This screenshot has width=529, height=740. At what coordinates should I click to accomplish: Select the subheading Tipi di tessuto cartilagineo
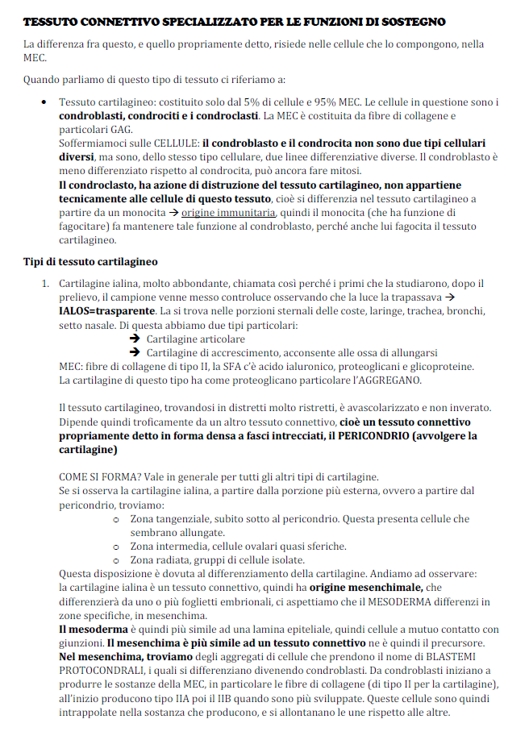tap(90, 262)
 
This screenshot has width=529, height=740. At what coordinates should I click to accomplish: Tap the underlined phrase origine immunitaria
tap(228, 212)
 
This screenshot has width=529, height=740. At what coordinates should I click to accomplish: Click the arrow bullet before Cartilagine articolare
tap(135, 339)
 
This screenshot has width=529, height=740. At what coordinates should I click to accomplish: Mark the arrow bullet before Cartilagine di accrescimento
tap(135, 352)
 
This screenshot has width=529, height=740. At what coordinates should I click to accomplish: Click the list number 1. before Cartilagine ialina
tap(45, 284)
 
